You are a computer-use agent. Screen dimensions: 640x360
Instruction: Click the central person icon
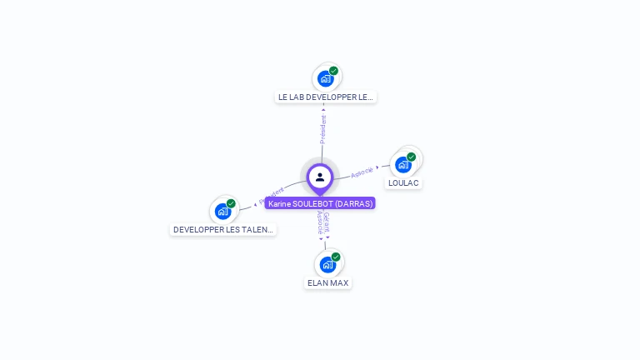tap(320, 177)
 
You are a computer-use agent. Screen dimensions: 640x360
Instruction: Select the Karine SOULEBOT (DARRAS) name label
tap(320, 203)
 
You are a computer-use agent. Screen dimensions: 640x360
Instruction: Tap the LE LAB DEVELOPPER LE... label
tap(326, 97)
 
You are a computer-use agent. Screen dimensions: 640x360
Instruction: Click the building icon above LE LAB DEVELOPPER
tap(326, 79)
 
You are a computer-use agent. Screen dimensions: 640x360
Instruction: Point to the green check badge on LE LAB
tap(333, 71)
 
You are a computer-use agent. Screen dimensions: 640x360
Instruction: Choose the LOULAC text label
tap(403, 183)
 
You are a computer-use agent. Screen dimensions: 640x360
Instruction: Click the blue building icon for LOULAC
tap(403, 165)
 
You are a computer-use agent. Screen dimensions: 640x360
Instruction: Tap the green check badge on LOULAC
tap(412, 157)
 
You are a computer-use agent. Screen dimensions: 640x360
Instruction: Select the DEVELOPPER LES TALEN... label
tap(223, 229)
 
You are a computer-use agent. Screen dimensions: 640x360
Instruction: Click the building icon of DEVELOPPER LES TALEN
tap(222, 212)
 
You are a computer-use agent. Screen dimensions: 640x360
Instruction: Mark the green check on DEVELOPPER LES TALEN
tap(231, 203)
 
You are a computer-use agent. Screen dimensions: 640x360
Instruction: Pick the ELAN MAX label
tap(327, 283)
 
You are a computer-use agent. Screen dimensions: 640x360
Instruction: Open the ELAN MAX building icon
tap(327, 265)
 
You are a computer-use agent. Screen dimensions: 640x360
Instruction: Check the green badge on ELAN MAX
tap(336, 257)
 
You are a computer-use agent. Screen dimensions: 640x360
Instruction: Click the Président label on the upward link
tap(322, 129)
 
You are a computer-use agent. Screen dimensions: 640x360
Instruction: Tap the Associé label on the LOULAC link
tap(362, 172)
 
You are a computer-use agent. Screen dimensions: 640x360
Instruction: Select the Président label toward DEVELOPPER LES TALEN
tap(272, 193)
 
